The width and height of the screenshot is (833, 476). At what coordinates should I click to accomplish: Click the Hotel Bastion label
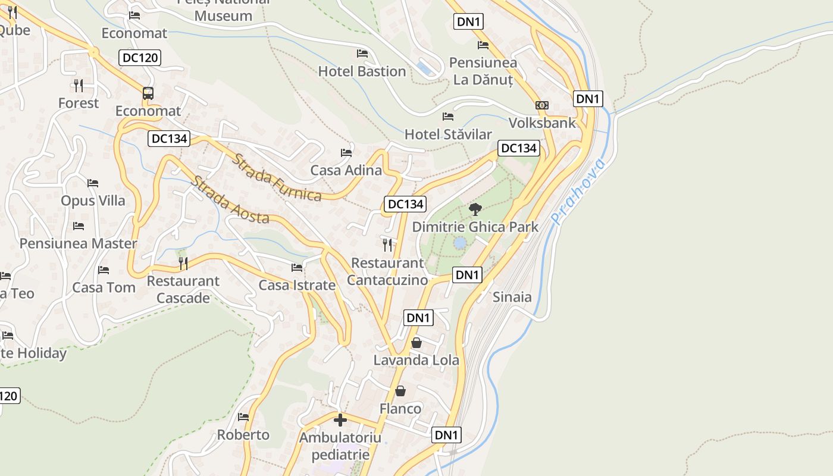(362, 71)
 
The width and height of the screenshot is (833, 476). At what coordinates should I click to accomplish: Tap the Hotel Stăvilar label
(448, 134)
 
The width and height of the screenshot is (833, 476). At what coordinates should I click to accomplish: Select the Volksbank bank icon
(541, 105)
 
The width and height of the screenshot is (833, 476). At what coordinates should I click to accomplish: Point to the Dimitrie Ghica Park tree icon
(475, 209)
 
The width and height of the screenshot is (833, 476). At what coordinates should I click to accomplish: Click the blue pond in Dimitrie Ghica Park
(460, 243)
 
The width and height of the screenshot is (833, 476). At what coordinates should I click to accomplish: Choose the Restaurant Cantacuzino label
(387, 271)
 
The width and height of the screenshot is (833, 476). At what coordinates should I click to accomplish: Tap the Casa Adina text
(346, 170)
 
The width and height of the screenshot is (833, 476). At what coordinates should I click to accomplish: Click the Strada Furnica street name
(277, 177)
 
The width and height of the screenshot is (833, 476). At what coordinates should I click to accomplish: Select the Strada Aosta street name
(230, 200)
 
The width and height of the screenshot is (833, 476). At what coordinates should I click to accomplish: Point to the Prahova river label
(578, 192)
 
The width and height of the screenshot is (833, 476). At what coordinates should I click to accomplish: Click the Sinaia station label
(512, 297)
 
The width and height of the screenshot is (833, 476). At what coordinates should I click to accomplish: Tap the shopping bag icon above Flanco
(400, 391)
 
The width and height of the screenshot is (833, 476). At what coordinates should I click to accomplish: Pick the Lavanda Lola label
(416, 360)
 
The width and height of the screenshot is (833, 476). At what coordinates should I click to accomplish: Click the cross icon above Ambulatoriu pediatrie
(340, 420)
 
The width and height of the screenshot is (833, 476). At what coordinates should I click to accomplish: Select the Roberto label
(243, 435)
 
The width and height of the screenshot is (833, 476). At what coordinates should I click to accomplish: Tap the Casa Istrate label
(296, 286)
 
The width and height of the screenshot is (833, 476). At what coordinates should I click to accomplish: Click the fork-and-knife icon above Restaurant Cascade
(183, 263)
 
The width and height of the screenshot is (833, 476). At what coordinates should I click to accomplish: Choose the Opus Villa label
(93, 201)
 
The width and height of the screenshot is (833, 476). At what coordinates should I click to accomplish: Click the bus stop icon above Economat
(148, 93)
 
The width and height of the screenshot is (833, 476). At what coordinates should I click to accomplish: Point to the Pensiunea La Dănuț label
(483, 71)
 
